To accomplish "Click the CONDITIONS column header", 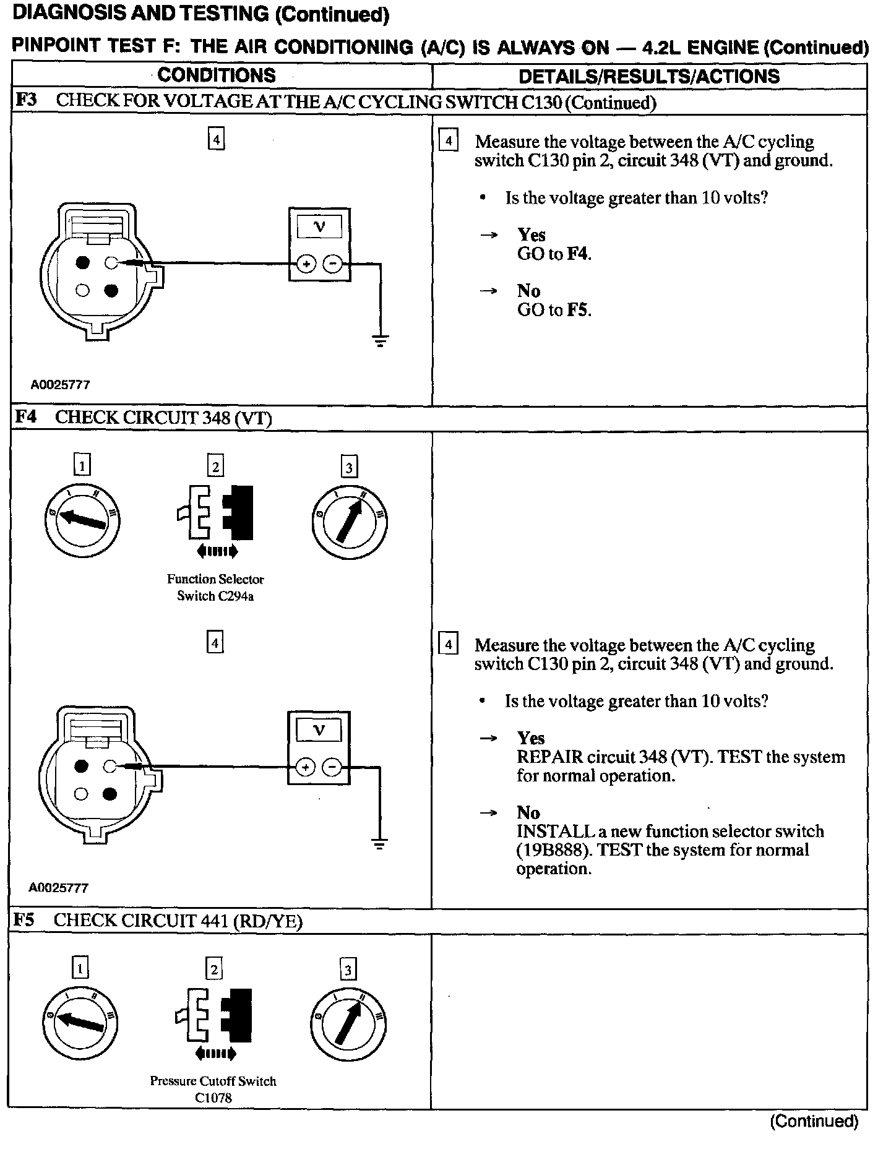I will tap(217, 75).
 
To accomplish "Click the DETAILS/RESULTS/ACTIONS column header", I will tap(649, 77).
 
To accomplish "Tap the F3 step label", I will tap(26, 100).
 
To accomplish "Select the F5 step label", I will tap(25, 920).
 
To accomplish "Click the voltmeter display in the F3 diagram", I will tap(319, 227).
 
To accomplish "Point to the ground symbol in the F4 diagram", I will tap(380, 845).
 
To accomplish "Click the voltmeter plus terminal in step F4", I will tap(305, 768).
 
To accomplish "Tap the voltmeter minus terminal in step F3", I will tap(333, 265).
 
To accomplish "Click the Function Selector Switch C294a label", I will tap(215, 587).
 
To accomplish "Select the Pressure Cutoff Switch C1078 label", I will tap(213, 1089).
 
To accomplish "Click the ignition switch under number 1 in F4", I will tap(83, 521).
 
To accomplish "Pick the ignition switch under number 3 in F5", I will tap(347, 1023).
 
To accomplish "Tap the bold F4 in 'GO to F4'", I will tap(577, 254).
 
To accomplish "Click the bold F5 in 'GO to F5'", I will tap(577, 310).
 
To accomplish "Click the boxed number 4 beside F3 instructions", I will tap(448, 141).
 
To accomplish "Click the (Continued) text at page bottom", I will tap(814, 1120).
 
